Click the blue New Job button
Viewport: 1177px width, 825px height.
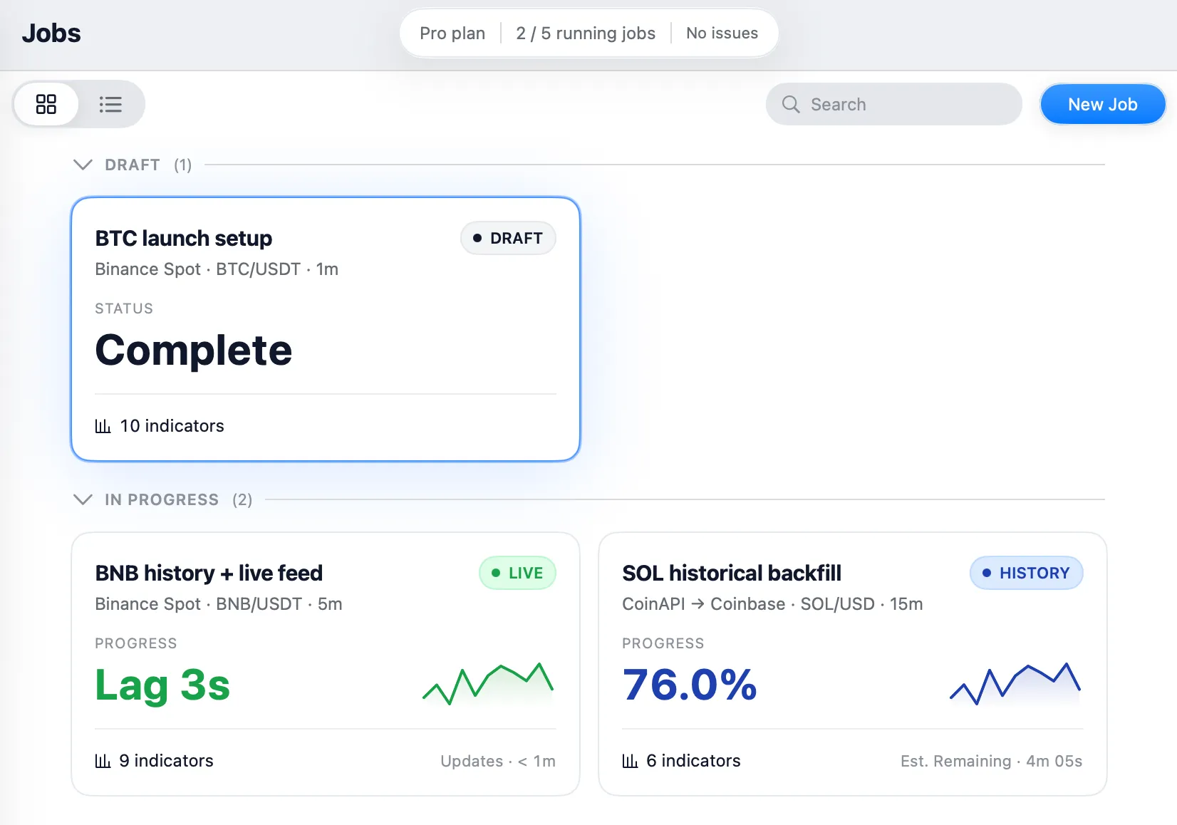pyautogui.click(x=1102, y=104)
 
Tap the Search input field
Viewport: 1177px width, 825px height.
pyautogui.click(x=893, y=104)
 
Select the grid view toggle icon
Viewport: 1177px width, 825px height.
pyautogui.click(x=46, y=104)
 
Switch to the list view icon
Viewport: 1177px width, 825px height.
pyautogui.click(x=110, y=104)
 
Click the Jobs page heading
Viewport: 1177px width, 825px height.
pyautogui.click(x=51, y=33)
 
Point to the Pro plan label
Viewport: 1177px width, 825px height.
pyautogui.click(x=452, y=33)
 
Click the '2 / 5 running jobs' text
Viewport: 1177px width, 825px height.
pyautogui.click(x=586, y=33)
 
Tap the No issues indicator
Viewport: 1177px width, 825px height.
pyautogui.click(x=722, y=33)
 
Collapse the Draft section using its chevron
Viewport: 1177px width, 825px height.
pyautogui.click(x=83, y=165)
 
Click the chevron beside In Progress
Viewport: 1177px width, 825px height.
pyautogui.click(x=83, y=499)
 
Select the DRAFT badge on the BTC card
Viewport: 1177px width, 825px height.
pyautogui.click(x=508, y=238)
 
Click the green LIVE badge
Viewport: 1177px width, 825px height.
pyautogui.click(x=517, y=573)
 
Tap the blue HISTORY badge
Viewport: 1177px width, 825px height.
pyautogui.click(x=1026, y=573)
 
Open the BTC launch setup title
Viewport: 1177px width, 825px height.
pyautogui.click(x=183, y=238)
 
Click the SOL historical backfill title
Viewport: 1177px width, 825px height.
pyautogui.click(x=732, y=573)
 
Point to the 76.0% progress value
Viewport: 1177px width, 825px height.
pyautogui.click(x=690, y=684)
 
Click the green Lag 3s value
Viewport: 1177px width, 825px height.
pyautogui.click(x=162, y=685)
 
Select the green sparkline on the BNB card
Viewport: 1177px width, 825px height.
pyautogui.click(x=488, y=683)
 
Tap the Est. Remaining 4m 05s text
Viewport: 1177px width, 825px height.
pyautogui.click(x=991, y=761)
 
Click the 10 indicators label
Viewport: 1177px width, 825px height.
pyautogui.click(x=159, y=425)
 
